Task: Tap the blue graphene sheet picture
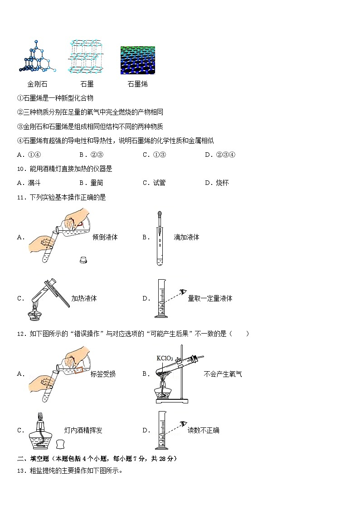tap(137, 60)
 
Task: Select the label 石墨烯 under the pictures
tap(137, 84)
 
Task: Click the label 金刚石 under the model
tap(37, 84)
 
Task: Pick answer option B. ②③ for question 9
tap(88, 155)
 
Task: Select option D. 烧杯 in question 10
tap(217, 183)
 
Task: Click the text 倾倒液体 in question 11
tap(105, 237)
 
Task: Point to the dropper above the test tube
tap(160, 222)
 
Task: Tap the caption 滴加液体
tap(186, 237)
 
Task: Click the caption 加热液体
tap(84, 298)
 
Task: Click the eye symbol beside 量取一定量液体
tap(183, 291)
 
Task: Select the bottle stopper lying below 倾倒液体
tap(83, 260)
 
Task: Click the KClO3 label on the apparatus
tap(165, 358)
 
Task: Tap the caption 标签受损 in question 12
tap(103, 374)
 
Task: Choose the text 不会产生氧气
tap(223, 374)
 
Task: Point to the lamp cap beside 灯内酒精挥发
tap(61, 443)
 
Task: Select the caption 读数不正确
tap(203, 430)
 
